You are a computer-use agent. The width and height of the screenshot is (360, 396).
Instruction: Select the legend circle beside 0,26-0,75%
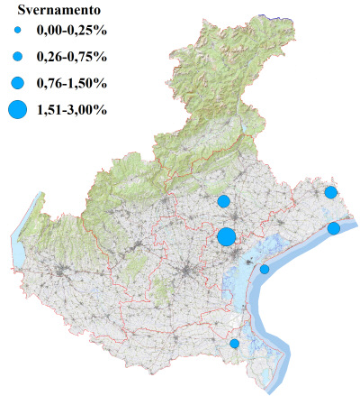click(17, 57)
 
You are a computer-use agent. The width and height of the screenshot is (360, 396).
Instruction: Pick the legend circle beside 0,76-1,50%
click(17, 83)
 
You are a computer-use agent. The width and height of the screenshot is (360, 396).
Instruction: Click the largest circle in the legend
click(17, 110)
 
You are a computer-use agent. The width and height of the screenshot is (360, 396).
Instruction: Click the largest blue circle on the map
click(227, 236)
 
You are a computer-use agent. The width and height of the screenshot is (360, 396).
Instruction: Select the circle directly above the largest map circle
click(224, 200)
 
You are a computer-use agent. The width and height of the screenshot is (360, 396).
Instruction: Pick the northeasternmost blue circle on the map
click(331, 192)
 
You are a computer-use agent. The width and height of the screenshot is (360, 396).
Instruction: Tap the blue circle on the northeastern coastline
click(334, 228)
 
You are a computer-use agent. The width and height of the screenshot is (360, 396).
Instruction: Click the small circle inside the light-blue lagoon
click(265, 269)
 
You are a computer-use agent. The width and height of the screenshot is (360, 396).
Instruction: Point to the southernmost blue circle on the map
click(235, 344)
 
